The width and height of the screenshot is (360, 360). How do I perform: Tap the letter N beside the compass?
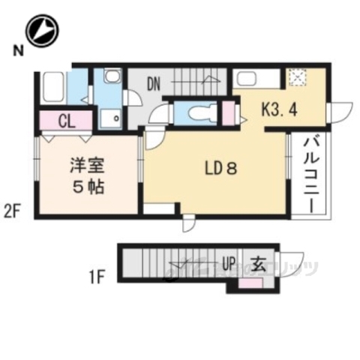[16, 50]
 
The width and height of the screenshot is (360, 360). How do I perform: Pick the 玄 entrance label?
[257, 264]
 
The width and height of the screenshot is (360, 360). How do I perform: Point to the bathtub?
[52, 88]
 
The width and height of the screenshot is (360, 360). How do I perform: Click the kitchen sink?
[247, 78]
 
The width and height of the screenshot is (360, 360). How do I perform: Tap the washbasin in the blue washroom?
[110, 77]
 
